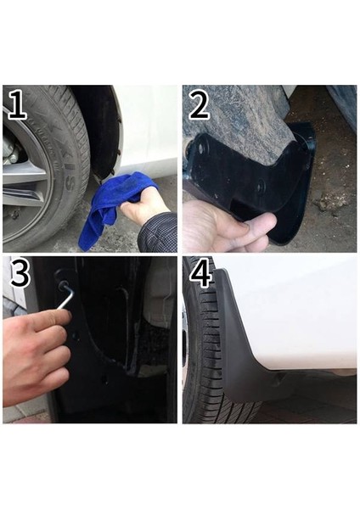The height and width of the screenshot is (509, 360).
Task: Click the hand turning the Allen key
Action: point(34,348)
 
